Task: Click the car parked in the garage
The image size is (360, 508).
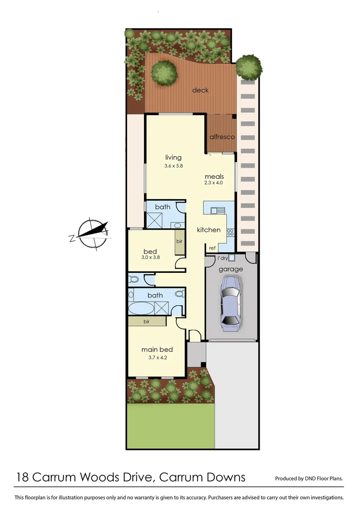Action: (x=231, y=301)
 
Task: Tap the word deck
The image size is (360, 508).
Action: (x=200, y=90)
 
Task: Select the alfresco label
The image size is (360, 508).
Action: (x=222, y=137)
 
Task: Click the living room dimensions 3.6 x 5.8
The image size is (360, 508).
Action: (x=173, y=166)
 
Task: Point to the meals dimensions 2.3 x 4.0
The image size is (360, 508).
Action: (x=214, y=183)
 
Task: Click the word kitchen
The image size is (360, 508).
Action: (x=208, y=230)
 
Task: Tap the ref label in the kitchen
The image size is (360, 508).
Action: (x=212, y=248)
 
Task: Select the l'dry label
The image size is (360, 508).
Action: (x=222, y=258)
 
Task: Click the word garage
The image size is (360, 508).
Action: (x=231, y=269)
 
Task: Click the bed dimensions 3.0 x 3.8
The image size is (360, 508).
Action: (x=150, y=258)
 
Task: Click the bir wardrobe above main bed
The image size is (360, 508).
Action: (x=146, y=321)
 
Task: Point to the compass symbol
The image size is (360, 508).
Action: (x=92, y=232)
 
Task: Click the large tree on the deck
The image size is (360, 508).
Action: (x=164, y=73)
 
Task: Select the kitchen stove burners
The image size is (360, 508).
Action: (x=231, y=232)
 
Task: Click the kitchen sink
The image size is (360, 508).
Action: (x=218, y=211)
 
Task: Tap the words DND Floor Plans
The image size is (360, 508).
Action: (x=324, y=479)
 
